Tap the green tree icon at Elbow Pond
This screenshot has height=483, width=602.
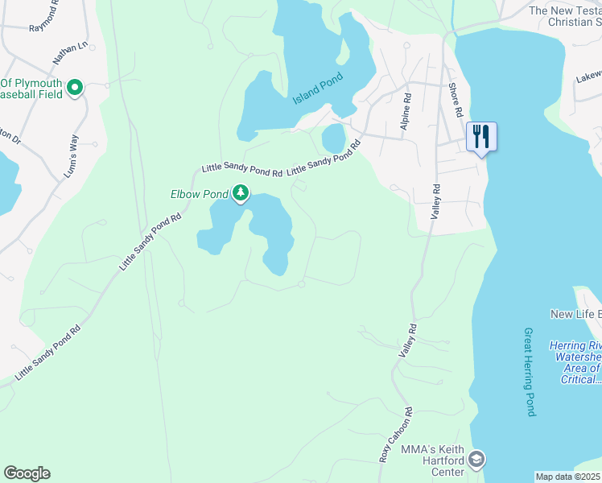coord(241,193)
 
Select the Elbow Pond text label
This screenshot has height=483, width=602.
coord(199,194)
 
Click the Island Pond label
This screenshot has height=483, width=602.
coord(318,88)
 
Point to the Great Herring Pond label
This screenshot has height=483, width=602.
coord(529,371)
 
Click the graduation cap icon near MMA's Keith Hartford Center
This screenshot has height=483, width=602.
coord(476,459)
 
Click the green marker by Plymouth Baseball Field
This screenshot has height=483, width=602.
coord(75,88)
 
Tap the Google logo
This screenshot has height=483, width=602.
coord(27,473)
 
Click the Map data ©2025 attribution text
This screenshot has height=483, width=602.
coord(567,477)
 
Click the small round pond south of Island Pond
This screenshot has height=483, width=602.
coord(334,139)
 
